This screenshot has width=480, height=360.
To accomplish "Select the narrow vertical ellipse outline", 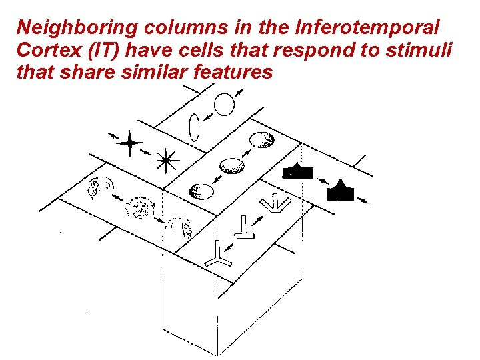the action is [x=195, y=127].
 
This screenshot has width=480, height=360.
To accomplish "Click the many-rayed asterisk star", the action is [x=165, y=159].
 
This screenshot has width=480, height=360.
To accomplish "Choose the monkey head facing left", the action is [x=100, y=189].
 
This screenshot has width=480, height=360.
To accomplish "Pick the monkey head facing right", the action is [x=180, y=229].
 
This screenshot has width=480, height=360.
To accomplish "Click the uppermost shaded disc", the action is [x=261, y=140].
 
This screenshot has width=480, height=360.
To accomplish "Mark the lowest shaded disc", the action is [x=202, y=191].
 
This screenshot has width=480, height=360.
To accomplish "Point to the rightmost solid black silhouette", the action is [x=341, y=191].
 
